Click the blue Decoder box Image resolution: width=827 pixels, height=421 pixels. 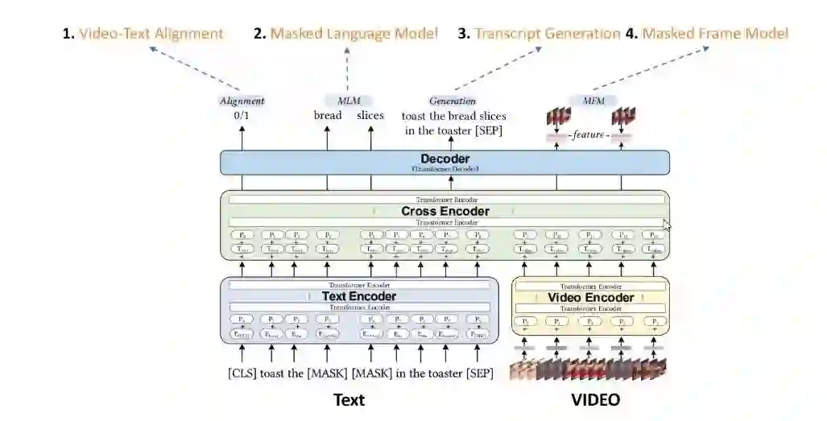445,162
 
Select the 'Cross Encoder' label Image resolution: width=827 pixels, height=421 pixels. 445,212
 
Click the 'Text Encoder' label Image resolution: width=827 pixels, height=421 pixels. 358,296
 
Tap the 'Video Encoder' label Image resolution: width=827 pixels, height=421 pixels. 591,298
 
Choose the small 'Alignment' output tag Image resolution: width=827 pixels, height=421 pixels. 242,101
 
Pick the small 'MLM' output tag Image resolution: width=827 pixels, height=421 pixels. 348,101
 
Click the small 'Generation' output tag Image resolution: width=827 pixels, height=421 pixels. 452,101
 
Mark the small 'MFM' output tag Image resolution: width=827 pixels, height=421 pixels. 591,101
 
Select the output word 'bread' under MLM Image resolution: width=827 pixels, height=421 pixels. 328,116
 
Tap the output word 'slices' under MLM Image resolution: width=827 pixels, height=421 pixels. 370,116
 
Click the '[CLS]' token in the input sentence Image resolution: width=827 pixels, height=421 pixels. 242,374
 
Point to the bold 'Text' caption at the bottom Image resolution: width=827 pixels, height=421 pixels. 349,400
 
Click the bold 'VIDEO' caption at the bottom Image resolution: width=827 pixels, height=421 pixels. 596,400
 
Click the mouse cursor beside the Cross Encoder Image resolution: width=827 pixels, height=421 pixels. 666,225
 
